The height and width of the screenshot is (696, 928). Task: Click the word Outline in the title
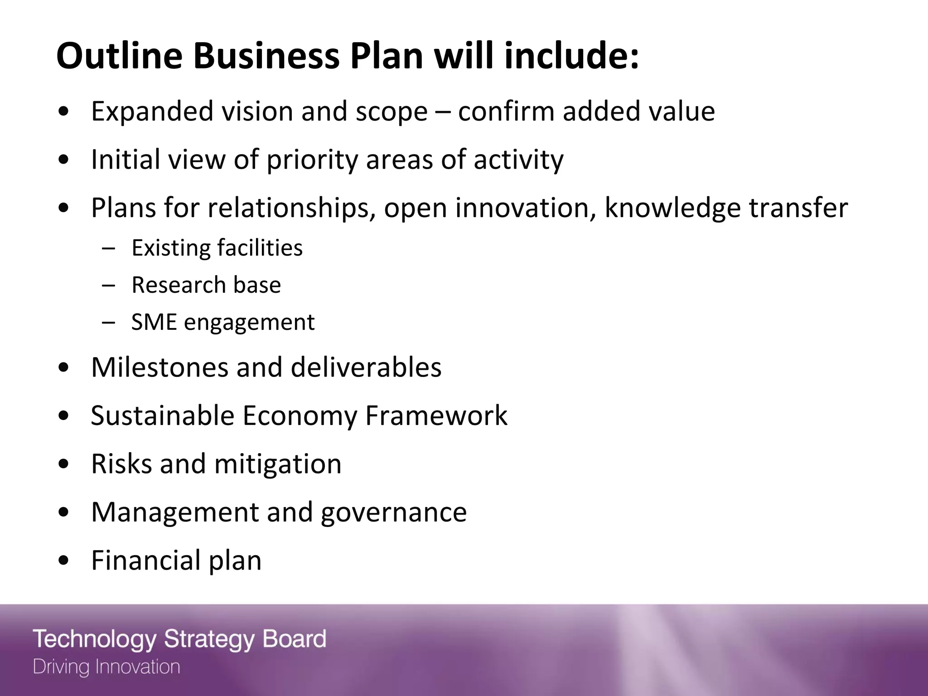click(x=119, y=56)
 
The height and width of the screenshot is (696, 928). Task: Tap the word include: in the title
click(x=571, y=56)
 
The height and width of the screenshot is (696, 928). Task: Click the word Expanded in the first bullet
click(x=152, y=111)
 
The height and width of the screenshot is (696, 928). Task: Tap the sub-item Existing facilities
click(x=217, y=248)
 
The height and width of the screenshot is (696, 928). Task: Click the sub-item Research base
click(x=206, y=285)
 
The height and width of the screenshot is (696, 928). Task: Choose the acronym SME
click(x=154, y=322)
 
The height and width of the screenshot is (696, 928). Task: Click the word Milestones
click(x=159, y=367)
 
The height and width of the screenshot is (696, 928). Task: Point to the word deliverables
click(x=366, y=367)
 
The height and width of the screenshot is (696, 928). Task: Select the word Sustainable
click(x=162, y=416)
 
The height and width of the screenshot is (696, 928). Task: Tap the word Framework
click(x=436, y=416)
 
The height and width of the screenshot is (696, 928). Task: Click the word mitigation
click(x=277, y=464)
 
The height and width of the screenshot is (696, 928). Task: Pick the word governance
click(x=393, y=512)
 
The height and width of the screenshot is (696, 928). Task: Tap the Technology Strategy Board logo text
click(x=179, y=639)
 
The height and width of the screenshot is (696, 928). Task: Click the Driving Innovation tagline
click(x=106, y=667)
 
